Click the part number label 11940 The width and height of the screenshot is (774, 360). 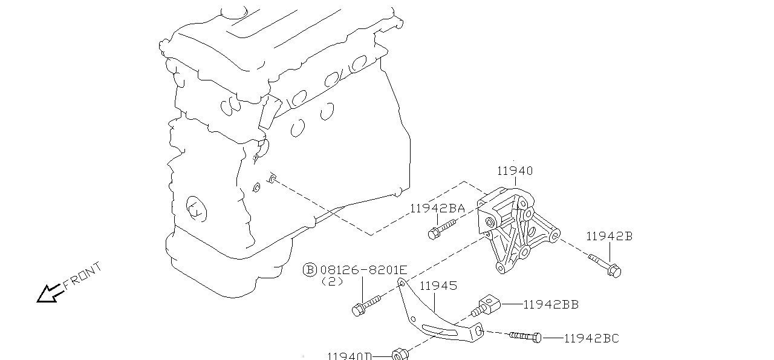tap(515, 171)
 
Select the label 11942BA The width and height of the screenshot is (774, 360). tap(437, 209)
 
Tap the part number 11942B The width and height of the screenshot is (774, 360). tap(608, 237)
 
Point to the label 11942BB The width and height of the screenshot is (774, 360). tap(550, 305)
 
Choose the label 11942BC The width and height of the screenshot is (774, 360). tap(591, 339)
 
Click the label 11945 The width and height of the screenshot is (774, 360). tap(438, 286)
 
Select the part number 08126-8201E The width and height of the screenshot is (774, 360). tap(363, 270)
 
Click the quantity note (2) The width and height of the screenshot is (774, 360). tap(332, 281)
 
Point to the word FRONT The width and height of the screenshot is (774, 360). tap(82, 277)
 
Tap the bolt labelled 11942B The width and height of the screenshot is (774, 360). tap(605, 266)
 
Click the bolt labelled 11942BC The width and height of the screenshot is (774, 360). tap(525, 336)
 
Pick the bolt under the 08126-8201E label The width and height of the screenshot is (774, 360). tap(365, 304)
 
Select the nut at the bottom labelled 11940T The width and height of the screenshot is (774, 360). tap(399, 354)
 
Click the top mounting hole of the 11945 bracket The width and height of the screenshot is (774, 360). tap(401, 283)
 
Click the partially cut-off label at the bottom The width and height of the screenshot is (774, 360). tap(349, 356)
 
